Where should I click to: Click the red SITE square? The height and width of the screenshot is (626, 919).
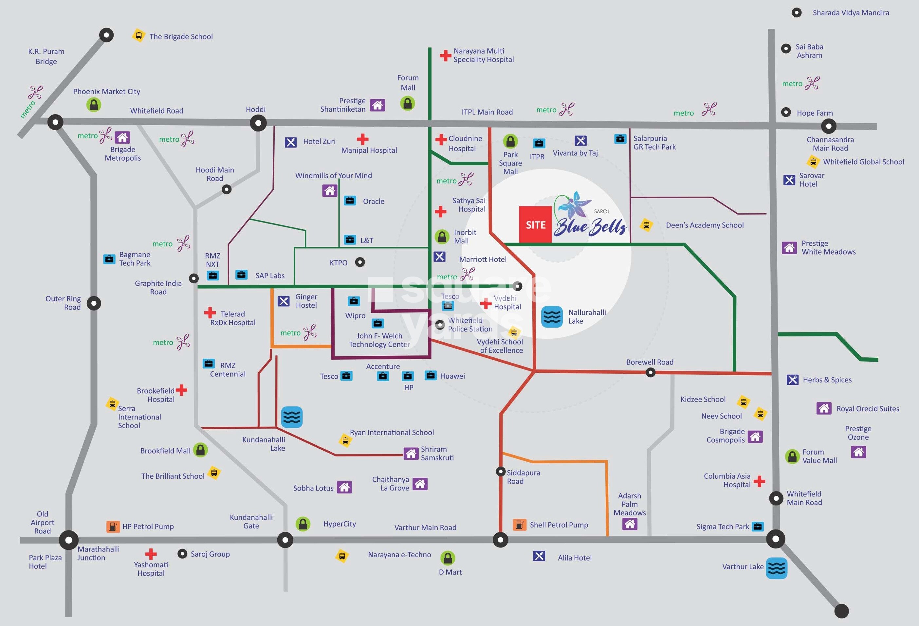click(535, 224)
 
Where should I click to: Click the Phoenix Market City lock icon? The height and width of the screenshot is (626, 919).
click(94, 105)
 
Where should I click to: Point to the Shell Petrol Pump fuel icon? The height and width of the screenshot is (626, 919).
click(519, 525)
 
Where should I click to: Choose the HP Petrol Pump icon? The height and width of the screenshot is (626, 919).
click(113, 527)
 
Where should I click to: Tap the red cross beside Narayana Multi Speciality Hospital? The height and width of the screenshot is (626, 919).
click(445, 55)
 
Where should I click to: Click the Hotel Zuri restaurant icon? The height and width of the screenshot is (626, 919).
click(291, 142)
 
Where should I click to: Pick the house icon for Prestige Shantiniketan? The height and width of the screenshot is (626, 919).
click(377, 105)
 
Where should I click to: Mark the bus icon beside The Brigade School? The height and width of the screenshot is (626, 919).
click(138, 36)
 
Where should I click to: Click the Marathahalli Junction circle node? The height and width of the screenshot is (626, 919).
click(69, 540)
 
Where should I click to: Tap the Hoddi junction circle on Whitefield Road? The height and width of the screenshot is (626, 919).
click(258, 123)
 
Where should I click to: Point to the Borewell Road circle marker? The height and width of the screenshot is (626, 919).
click(651, 372)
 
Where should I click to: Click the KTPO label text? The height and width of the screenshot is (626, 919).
click(339, 263)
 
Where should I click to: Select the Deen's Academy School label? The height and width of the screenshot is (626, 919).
click(705, 225)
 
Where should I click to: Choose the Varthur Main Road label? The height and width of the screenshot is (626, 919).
click(425, 528)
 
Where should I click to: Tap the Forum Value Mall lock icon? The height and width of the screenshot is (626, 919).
click(792, 456)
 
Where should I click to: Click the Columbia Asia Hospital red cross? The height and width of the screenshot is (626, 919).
click(759, 481)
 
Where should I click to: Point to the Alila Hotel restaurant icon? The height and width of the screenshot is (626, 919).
click(539, 556)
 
